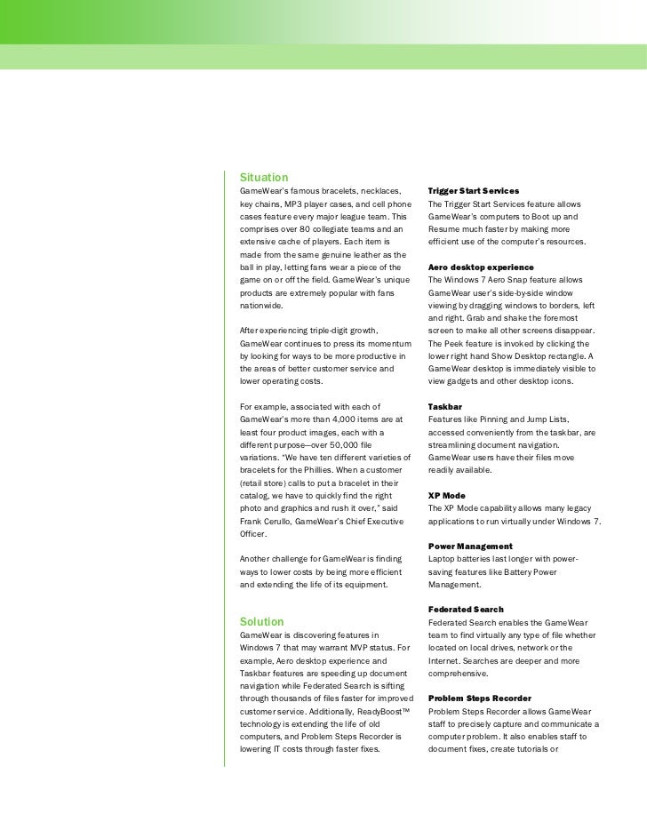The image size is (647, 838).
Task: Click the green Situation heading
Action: [264, 177]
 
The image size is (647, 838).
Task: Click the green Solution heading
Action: [262, 621]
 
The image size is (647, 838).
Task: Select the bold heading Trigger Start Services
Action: [473, 191]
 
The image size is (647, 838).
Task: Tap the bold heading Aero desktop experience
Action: [480, 267]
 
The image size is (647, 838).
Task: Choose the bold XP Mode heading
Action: [446, 494]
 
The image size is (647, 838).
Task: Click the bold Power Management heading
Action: [469, 546]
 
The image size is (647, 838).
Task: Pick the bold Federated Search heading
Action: [466, 610]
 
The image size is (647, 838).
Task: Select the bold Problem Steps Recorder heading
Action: [480, 698]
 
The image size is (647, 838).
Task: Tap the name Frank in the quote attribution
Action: [252, 521]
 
